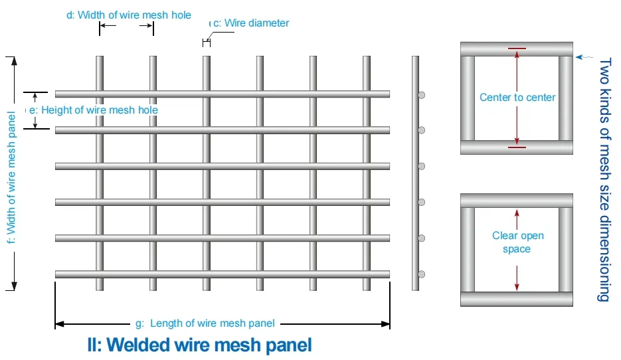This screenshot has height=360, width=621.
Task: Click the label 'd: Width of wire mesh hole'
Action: click(x=129, y=15)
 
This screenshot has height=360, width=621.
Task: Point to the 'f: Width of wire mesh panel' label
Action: click(x=11, y=173)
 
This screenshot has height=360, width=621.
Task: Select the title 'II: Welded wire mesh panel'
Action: click(x=199, y=345)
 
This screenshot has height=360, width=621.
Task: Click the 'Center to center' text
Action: click(x=517, y=98)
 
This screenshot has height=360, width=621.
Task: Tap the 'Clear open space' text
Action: click(x=517, y=242)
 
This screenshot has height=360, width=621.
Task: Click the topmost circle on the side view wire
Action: click(x=421, y=95)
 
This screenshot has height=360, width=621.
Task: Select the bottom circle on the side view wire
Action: click(x=421, y=274)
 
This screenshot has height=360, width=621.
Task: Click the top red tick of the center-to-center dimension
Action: click(x=517, y=48)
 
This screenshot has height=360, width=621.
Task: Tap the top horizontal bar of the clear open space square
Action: click(x=517, y=200)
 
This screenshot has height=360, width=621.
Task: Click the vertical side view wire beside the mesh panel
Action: click(x=415, y=173)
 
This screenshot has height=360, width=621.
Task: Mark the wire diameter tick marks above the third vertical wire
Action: click(x=207, y=43)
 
